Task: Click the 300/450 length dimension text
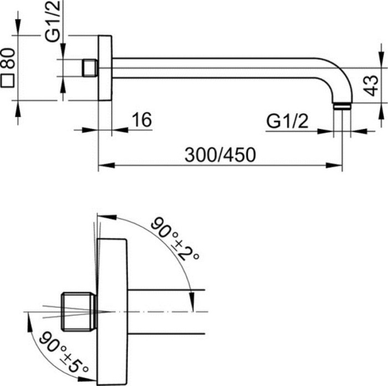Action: point(221,155)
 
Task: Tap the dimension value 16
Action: point(142,120)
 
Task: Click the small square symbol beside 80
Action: point(8,81)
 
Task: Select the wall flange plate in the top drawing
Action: point(105,68)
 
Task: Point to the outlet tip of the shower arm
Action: point(343,106)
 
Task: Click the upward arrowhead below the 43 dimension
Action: point(380,110)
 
